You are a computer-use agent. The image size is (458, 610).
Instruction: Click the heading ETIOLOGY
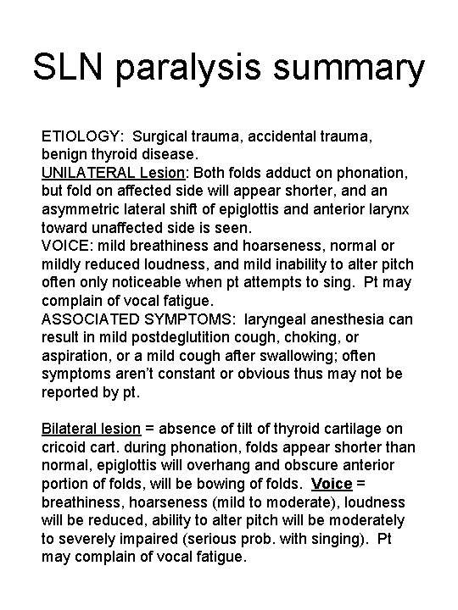81,136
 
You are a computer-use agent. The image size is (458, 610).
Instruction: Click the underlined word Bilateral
70,430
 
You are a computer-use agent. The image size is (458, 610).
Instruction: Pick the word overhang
228,467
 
